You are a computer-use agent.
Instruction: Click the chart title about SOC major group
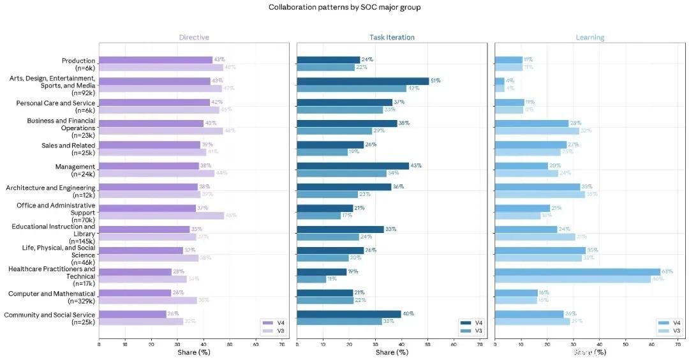(344, 7)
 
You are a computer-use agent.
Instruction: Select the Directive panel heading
(194, 37)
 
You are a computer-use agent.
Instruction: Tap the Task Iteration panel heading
(392, 37)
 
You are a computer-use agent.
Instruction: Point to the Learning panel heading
(589, 37)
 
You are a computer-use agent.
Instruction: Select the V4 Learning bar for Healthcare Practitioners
(577, 272)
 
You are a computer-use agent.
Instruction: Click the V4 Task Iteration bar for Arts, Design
(363, 81)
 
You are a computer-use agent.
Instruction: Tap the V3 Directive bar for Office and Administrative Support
(161, 216)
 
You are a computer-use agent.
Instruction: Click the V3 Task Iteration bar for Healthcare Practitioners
(311, 279)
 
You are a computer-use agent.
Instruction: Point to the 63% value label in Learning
(667, 272)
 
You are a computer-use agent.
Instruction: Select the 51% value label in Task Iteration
(436, 81)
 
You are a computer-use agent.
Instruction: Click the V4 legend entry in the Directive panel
(275, 323)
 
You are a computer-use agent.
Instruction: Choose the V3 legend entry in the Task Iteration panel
(473, 331)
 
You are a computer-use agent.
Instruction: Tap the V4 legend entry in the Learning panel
(670, 323)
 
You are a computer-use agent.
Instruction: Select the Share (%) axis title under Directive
(194, 352)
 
